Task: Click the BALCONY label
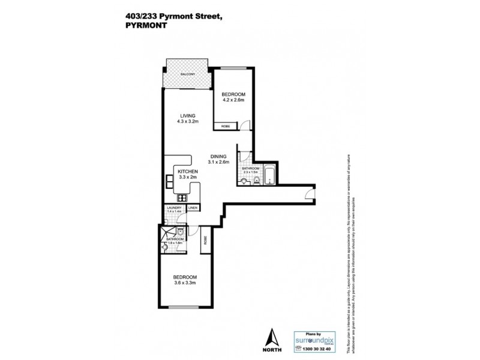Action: coord(187,74)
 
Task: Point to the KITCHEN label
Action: coord(188,171)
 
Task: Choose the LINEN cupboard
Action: coord(193,208)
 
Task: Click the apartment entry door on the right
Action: coord(307,193)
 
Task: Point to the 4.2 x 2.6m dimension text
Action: coord(233,100)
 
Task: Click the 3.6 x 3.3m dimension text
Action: coord(186,283)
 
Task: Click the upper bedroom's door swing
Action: coord(245,126)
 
